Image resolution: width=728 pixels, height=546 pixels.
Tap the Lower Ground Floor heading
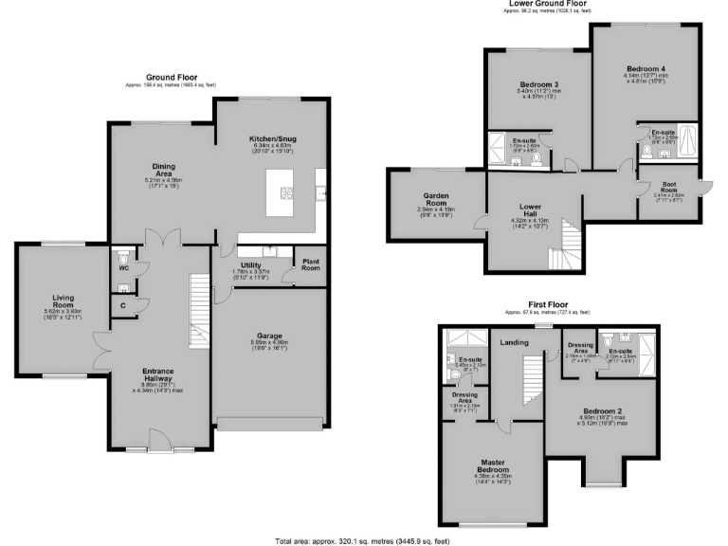tap(548, 4)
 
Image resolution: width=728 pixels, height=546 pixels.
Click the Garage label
tap(270, 336)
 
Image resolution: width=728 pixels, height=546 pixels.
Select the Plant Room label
tap(310, 264)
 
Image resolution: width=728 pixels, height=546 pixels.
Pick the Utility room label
tap(251, 265)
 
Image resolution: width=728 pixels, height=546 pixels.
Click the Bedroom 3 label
tap(530, 83)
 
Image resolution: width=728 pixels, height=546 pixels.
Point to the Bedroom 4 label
tap(640, 68)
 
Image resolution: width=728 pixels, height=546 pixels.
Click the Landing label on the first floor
tap(515, 342)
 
